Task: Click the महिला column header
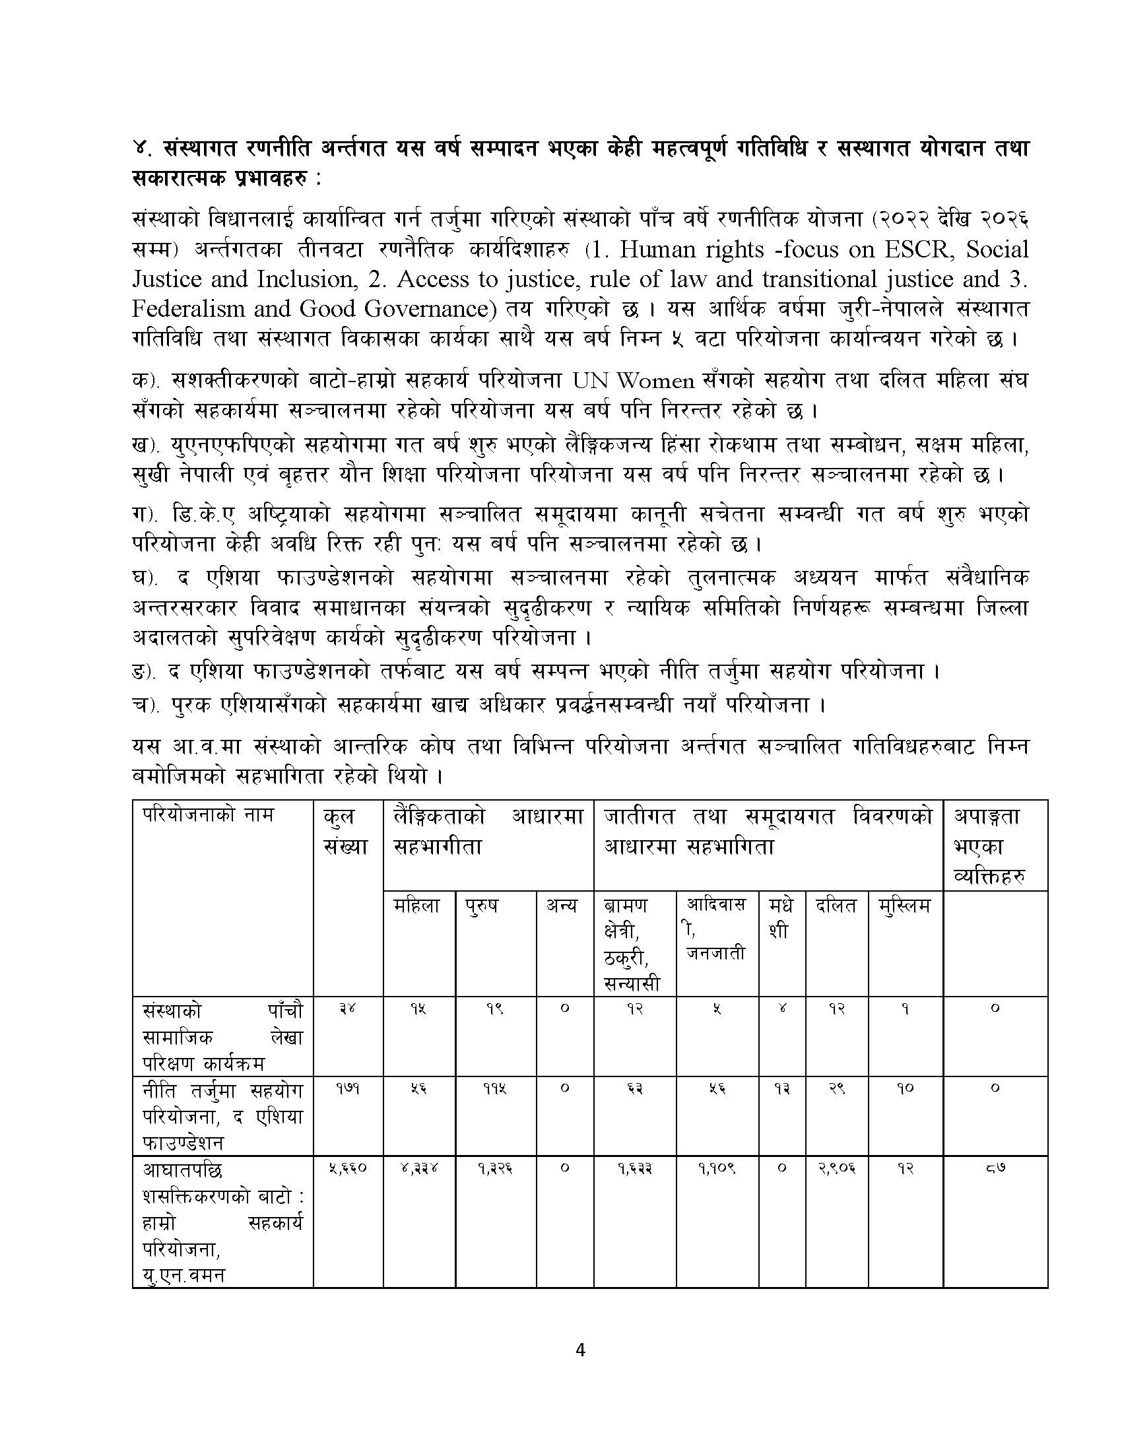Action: pyautogui.click(x=416, y=906)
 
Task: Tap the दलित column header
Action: pyautogui.click(x=836, y=906)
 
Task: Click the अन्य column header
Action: pyautogui.click(x=562, y=906)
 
